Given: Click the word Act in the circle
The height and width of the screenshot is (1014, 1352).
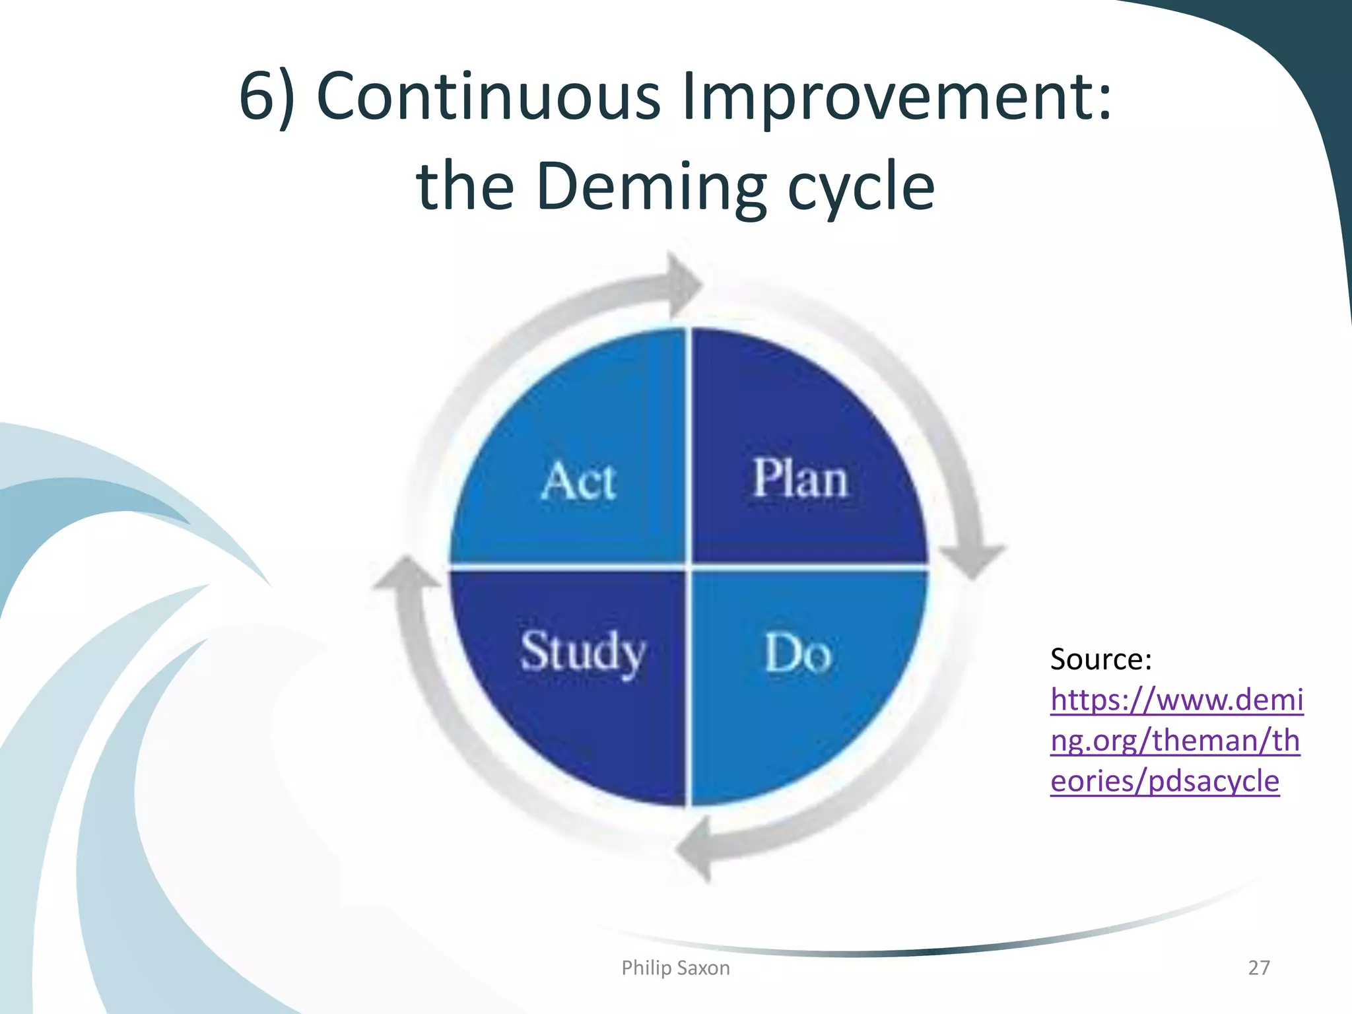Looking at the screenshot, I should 578,481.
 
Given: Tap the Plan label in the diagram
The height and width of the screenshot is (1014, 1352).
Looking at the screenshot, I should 800,478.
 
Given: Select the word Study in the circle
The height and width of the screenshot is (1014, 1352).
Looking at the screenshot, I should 583,652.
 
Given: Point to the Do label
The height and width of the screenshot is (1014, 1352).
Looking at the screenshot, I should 797,654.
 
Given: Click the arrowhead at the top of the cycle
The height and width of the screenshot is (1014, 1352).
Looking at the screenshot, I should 683,285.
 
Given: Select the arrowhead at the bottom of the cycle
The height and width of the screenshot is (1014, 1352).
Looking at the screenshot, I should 696,849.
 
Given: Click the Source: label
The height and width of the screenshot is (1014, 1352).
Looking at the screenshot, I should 1100,659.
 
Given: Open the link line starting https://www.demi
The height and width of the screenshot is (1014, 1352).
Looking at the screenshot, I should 1176,700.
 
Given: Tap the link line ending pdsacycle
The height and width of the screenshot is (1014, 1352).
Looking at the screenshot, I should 1165,781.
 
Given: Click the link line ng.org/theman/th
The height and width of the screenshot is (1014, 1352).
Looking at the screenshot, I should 1175,741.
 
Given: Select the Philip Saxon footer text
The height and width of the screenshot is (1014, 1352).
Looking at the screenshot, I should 675,968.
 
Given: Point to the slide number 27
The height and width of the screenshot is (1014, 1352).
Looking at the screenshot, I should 1258,968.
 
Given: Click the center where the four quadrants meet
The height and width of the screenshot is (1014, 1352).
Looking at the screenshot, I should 688,566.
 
